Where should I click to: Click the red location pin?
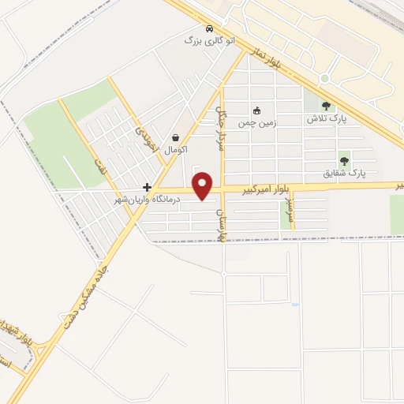point(204,185)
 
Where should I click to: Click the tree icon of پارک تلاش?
point(327,106)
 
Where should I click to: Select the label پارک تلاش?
point(327,118)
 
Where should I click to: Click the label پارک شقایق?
point(345,171)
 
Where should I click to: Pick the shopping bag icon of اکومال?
point(174,137)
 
